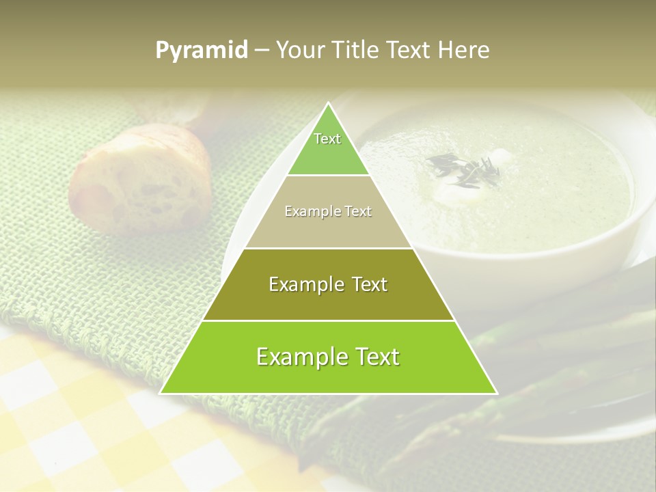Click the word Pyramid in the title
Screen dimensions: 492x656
pos(201,51)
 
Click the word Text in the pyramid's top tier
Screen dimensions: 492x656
pos(327,139)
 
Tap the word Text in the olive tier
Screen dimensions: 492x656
pos(364,284)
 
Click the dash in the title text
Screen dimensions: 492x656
pos(261,51)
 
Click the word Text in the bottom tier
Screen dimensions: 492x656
pos(374,357)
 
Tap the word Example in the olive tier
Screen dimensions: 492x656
pos(304,284)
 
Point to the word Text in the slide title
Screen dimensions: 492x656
pos(409,51)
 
